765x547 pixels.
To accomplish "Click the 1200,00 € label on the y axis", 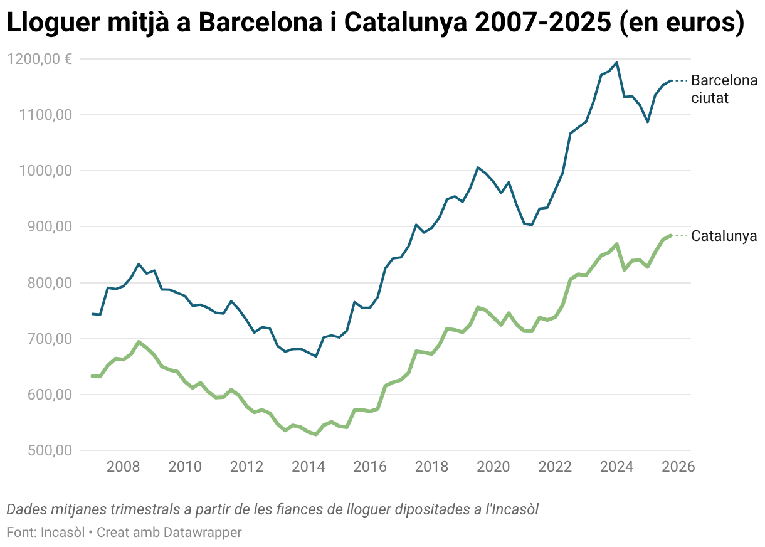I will tap(39, 59).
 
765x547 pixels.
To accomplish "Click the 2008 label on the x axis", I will tap(123, 467).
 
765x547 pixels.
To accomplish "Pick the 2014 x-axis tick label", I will tap(309, 467).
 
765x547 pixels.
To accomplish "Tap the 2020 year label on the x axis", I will tap(493, 467).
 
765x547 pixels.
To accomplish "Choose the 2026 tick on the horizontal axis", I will tap(678, 467).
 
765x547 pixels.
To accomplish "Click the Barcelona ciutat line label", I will tap(724, 89).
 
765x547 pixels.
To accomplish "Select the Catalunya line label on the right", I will tap(724, 236).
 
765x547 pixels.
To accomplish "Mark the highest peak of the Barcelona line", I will tap(617, 63).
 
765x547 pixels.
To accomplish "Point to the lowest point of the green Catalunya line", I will tap(316, 434).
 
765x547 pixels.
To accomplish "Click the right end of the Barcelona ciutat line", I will tap(672, 80).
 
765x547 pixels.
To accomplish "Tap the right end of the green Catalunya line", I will tap(672, 235).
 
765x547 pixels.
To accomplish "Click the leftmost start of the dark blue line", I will tap(92, 314).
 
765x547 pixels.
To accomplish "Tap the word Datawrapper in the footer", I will tap(203, 532).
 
